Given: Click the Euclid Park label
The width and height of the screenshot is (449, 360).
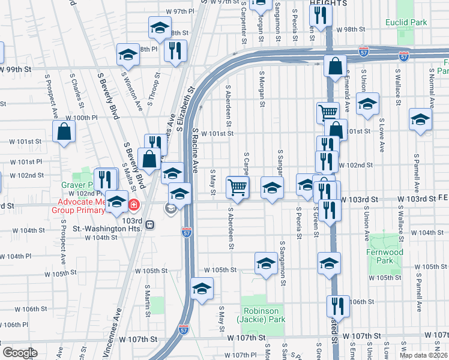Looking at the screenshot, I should (406, 22).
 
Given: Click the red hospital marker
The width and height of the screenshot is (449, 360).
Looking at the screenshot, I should (131, 205).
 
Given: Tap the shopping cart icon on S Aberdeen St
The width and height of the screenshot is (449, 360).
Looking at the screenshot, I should (238, 188).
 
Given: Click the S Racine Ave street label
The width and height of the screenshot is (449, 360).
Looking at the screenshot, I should (195, 146).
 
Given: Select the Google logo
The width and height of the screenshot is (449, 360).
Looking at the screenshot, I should (19, 353).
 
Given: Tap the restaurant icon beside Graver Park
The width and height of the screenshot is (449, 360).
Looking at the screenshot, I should (106, 180).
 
